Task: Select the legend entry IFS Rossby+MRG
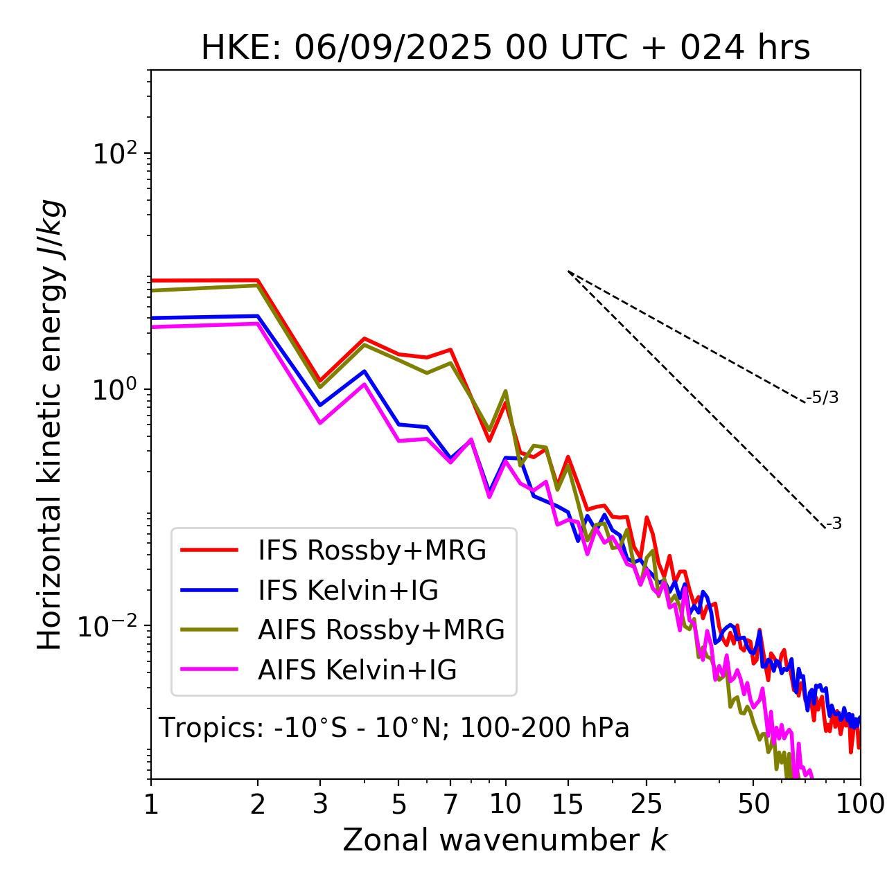click(x=371, y=550)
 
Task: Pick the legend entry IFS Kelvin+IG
click(x=348, y=590)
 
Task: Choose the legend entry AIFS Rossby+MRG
click(x=381, y=630)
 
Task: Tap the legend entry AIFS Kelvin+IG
click(x=357, y=670)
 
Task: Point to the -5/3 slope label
click(x=823, y=398)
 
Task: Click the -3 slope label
click(x=834, y=524)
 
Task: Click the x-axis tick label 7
click(x=450, y=804)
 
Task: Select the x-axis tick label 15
click(x=568, y=804)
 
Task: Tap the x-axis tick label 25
click(x=647, y=804)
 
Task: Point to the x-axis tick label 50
click(x=753, y=804)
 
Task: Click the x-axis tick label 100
click(x=860, y=804)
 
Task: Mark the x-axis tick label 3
click(x=320, y=804)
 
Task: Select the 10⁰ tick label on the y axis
click(x=116, y=389)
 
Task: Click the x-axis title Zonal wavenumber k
click(x=504, y=840)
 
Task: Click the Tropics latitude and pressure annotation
click(x=394, y=728)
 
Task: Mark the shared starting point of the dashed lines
click(x=568, y=271)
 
